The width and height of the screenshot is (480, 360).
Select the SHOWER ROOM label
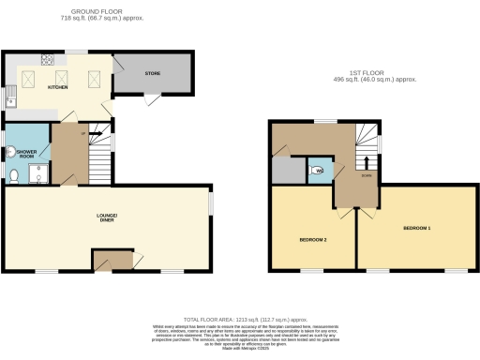25,151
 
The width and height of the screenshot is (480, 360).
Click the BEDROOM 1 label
416,228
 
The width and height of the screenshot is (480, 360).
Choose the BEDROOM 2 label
312,238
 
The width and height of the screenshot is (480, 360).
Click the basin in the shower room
8,153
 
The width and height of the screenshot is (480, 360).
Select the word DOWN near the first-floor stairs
367,174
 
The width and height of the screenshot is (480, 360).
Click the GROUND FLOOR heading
103,12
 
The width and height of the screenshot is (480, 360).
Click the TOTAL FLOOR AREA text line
239,320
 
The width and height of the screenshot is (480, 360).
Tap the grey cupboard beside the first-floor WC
283,170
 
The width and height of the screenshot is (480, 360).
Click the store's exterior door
152,98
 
